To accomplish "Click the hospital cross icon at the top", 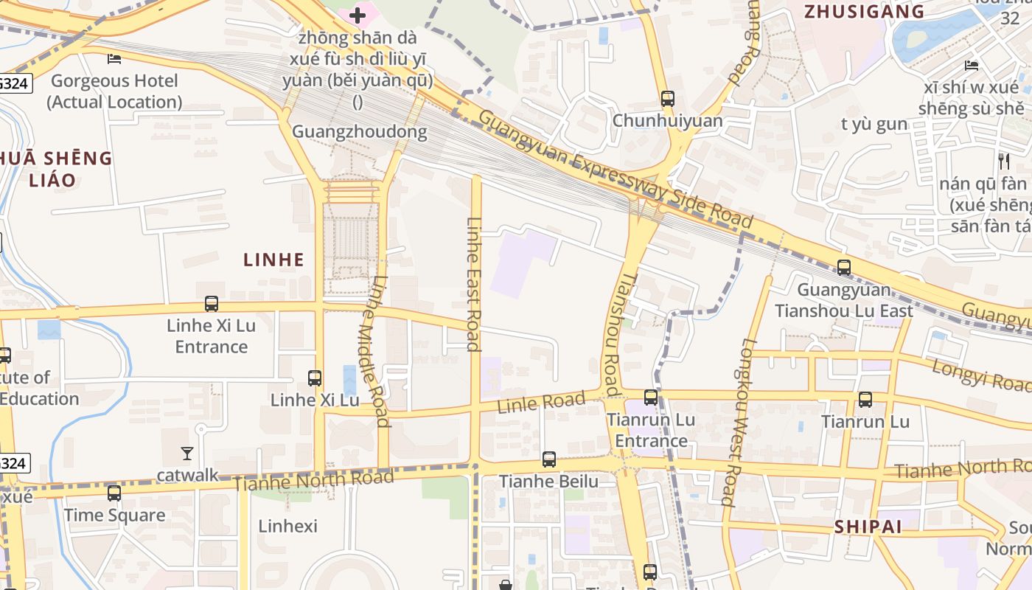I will pyautogui.click(x=358, y=15).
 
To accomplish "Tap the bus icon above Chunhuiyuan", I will pyautogui.click(x=668, y=98).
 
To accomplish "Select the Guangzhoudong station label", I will pyautogui.click(x=360, y=132).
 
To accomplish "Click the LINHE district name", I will pyautogui.click(x=274, y=260).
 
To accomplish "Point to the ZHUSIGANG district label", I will pyautogui.click(x=864, y=12).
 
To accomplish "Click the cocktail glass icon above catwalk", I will pyautogui.click(x=187, y=454).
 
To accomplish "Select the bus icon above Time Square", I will pyautogui.click(x=114, y=493).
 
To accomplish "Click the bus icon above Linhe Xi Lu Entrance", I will pyautogui.click(x=212, y=303).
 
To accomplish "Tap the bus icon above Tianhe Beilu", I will pyautogui.click(x=549, y=459).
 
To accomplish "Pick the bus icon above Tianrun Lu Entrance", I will pyautogui.click(x=651, y=398).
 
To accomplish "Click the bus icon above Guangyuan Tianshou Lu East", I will pyautogui.click(x=844, y=268).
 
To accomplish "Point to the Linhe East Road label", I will pyautogui.click(x=474, y=284).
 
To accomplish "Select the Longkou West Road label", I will pyautogui.click(x=739, y=422).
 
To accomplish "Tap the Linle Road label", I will pyautogui.click(x=541, y=403).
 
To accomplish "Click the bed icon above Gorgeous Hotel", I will pyautogui.click(x=114, y=59).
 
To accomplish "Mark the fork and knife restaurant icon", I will pyautogui.click(x=1003, y=161).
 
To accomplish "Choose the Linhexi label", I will pyautogui.click(x=287, y=527).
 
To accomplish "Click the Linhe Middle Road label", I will pyautogui.click(x=377, y=351).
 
